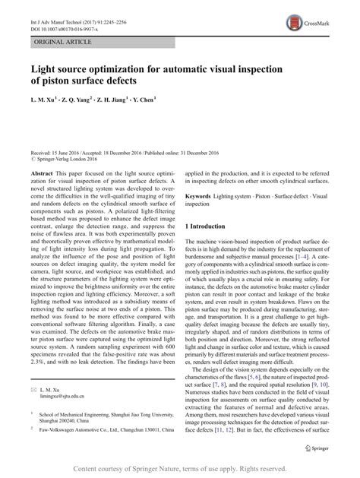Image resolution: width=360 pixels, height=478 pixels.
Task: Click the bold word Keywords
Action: click(x=201, y=195)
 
